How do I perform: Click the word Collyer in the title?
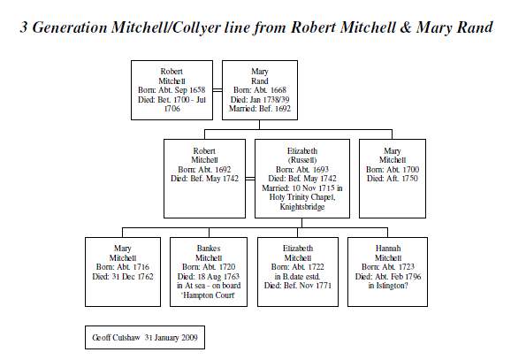tap(196, 27)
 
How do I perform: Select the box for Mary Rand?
tap(260, 90)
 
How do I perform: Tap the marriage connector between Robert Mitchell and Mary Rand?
tap(217, 90)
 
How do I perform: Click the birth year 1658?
tap(197, 90)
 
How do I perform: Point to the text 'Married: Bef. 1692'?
tap(260, 109)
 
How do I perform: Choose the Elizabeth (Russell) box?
tap(302, 179)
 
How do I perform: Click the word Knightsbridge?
tap(302, 207)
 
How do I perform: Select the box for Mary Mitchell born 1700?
tap(393, 179)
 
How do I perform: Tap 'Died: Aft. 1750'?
tap(393, 179)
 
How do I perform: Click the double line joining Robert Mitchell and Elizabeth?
tap(250, 179)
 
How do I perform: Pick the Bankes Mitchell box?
tap(209, 272)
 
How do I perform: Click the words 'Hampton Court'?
tap(209, 295)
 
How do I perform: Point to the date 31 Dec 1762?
tap(133, 277)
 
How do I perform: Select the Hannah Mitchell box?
tap(387, 272)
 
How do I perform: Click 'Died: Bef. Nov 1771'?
tap(298, 286)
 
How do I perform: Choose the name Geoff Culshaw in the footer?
tap(116, 338)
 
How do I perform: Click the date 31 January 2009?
tap(172, 338)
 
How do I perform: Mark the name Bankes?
tap(209, 249)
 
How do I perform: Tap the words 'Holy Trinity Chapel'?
tap(301, 197)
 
